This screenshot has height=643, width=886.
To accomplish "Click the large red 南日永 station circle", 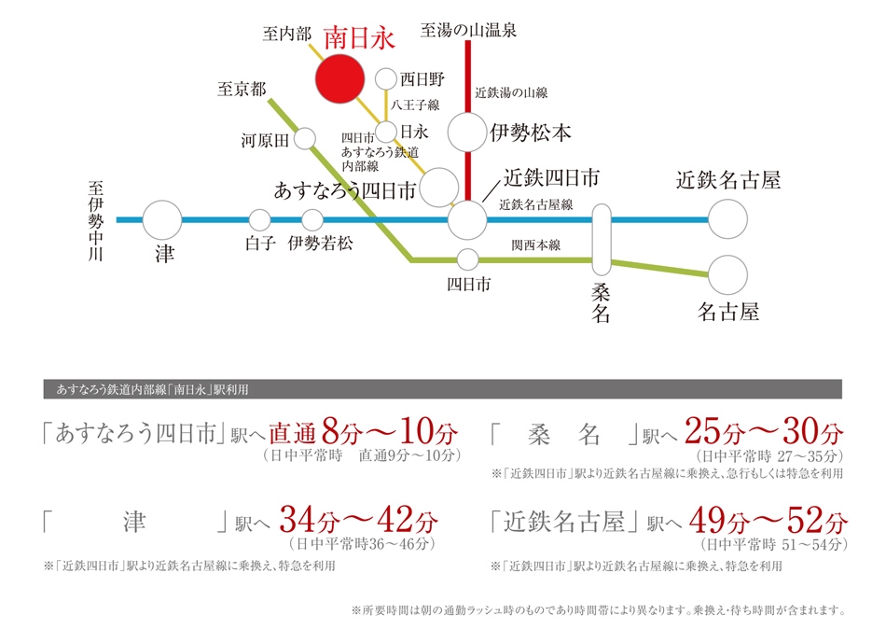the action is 339,78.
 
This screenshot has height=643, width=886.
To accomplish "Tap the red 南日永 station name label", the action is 359,38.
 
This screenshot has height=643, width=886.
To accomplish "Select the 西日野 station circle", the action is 386,79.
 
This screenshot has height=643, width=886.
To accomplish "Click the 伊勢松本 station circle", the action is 467,133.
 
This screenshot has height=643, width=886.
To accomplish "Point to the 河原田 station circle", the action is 305,138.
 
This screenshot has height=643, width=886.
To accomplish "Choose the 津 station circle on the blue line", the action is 162,219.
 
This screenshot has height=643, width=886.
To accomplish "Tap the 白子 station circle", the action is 260,220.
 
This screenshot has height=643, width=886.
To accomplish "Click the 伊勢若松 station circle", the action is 312,220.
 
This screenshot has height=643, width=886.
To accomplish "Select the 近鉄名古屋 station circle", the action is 727,219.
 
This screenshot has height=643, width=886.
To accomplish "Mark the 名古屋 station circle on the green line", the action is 727,275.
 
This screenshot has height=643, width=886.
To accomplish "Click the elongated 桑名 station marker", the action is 602,240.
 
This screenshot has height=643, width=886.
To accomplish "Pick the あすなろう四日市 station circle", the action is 439,188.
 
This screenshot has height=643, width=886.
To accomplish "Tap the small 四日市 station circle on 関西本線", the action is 468,259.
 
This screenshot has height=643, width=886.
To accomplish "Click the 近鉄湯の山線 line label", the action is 511,92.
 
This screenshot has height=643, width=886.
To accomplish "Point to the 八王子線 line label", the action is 415,105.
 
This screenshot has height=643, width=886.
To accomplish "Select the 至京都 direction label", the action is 242,89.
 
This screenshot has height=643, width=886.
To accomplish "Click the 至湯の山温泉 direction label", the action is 468,30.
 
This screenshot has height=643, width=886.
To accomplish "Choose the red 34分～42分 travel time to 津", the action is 359,520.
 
